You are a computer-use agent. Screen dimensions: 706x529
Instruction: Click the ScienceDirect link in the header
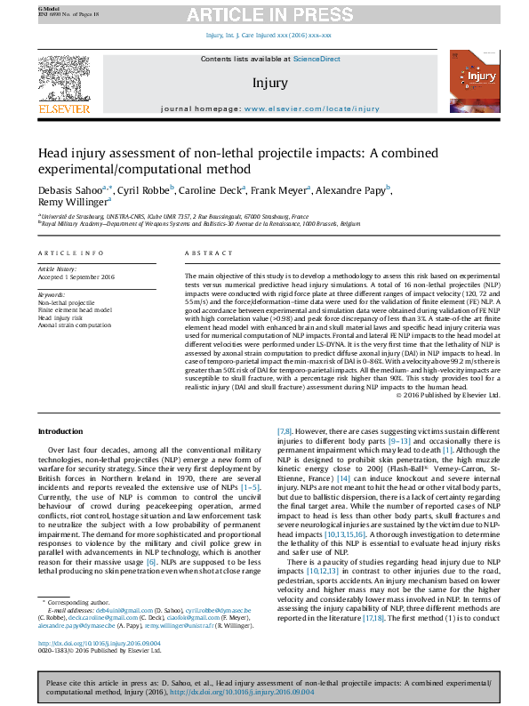coord(317,59)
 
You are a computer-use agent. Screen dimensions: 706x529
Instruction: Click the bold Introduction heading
coord(59,431)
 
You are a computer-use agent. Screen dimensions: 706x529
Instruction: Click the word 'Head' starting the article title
coord(52,153)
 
